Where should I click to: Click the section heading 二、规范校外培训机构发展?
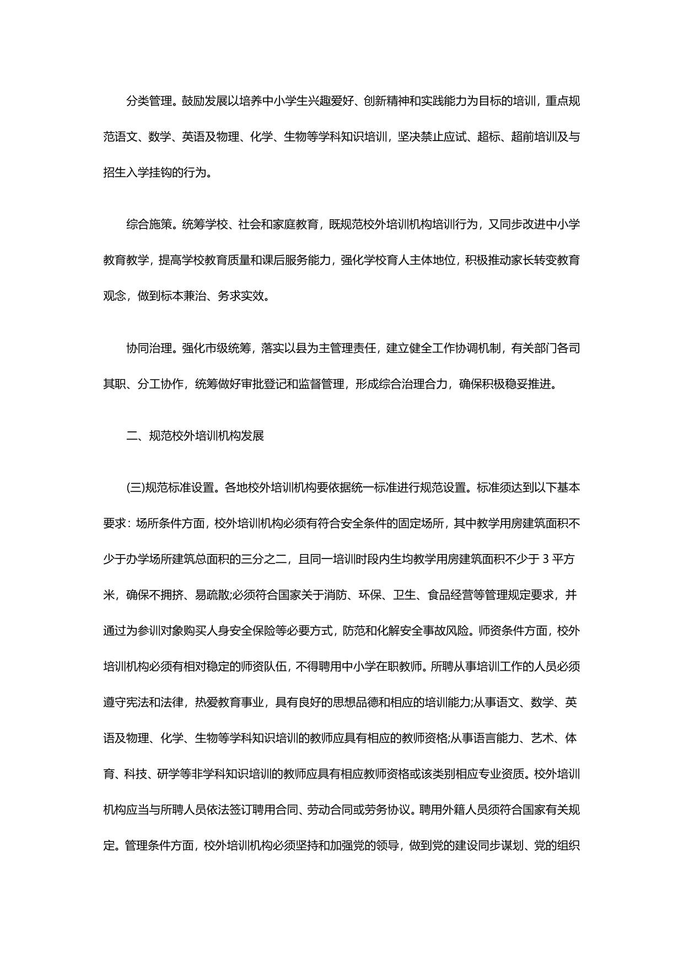point(195,436)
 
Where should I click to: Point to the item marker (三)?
point(134,488)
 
